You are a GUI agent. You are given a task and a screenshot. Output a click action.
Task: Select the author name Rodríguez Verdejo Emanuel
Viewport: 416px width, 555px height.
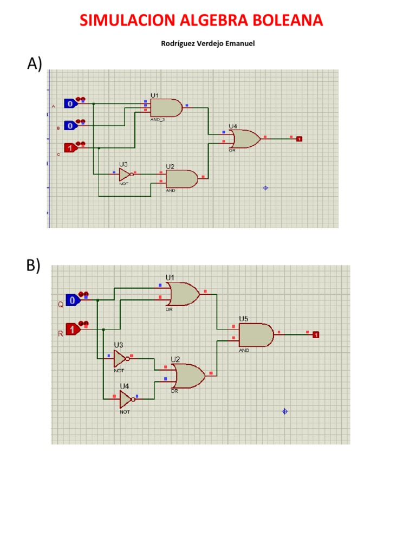208,44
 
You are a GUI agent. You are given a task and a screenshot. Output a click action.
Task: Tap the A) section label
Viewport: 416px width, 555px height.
34,64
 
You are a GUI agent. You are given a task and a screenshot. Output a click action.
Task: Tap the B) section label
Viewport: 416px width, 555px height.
33,266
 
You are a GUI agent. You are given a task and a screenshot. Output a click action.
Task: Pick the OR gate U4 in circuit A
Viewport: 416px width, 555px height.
245,139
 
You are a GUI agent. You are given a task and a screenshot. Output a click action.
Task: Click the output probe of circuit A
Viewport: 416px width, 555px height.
299,139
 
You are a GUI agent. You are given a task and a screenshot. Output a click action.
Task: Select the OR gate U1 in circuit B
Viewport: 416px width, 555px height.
184,294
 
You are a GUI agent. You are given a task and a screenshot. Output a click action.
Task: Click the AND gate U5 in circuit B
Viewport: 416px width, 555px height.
256,335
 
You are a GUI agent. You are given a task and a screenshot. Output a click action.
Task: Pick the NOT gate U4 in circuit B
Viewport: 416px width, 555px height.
125,399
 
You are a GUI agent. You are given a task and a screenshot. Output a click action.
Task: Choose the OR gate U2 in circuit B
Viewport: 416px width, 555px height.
187,376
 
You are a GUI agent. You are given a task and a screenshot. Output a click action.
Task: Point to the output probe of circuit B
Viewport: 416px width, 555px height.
316,334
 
